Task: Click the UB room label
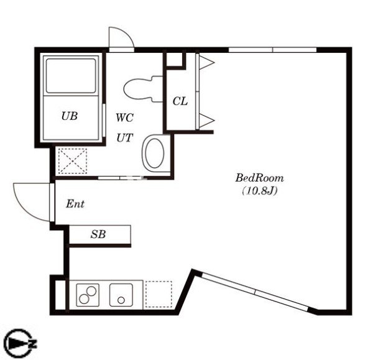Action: [70, 116]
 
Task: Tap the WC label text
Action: [125, 118]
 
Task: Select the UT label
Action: [125, 138]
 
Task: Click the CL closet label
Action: [180, 101]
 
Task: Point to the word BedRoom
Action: [259, 178]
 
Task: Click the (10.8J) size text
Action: [260, 191]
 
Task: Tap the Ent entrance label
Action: [75, 204]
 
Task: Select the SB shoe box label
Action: [98, 234]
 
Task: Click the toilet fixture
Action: [143, 89]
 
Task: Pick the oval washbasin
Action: [154, 153]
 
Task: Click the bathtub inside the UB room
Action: [71, 76]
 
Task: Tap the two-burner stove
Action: [88, 295]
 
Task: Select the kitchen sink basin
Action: [121, 295]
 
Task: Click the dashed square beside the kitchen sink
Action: [159, 294]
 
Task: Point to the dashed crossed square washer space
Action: [73, 161]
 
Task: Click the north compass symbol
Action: [19, 343]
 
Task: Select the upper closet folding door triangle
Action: [206, 62]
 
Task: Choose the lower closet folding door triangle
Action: [206, 121]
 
